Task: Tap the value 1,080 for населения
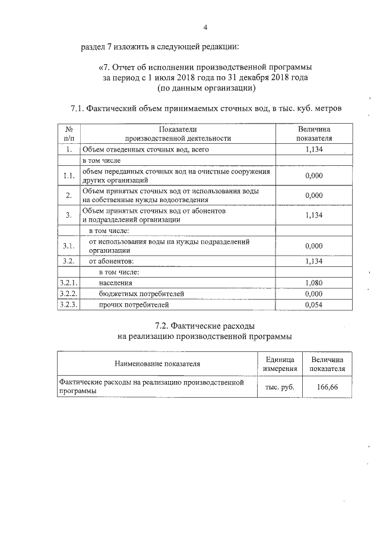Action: [313, 283]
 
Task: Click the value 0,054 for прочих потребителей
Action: [313, 305]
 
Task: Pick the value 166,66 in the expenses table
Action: [327, 386]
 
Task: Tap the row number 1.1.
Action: [69, 175]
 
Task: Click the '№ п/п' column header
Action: [69, 134]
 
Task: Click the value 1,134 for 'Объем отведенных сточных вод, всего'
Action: [313, 150]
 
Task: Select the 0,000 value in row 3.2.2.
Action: [313, 294]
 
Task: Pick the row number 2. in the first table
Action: [69, 195]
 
